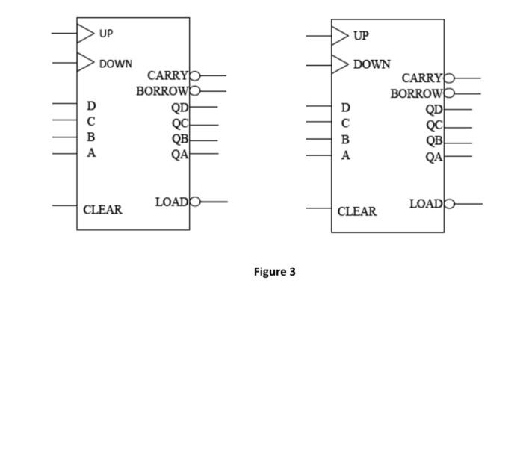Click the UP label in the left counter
click(106, 34)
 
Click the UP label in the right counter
click(361, 36)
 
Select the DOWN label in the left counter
click(116, 64)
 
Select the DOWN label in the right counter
click(371, 65)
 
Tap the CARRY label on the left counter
click(168, 75)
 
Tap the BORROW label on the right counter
click(417, 93)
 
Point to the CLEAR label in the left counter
click(102, 210)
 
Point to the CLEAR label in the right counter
click(357, 211)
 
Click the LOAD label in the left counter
click(173, 202)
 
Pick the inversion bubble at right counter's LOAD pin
click(449, 203)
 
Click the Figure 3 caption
click(274, 272)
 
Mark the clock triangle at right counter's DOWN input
click(340, 64)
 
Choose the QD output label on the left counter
click(179, 107)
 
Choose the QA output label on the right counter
click(434, 157)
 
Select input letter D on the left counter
click(91, 106)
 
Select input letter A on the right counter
click(345, 155)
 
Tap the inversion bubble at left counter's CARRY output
click(196, 76)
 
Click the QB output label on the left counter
click(179, 139)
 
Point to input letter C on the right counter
click(345, 123)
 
